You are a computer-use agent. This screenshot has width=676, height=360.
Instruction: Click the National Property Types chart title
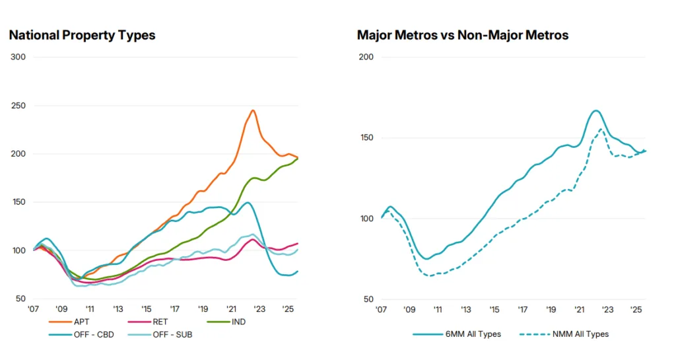click(82, 35)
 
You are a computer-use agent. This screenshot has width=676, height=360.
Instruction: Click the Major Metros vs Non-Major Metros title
click(462, 35)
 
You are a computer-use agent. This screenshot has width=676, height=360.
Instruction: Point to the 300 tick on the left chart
click(18, 57)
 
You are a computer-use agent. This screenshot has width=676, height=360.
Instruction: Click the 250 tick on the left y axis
click(18, 106)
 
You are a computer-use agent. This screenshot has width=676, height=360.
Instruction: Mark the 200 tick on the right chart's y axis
click(366, 57)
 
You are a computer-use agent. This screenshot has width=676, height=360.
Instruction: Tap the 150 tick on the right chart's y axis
click(366, 138)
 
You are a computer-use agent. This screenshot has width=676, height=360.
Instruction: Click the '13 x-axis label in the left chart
click(118, 309)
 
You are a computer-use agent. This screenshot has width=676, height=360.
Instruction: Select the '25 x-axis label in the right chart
click(636, 309)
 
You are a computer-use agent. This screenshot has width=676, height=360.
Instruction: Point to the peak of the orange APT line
click(253, 110)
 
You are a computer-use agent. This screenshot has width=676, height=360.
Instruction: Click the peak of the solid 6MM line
click(595, 110)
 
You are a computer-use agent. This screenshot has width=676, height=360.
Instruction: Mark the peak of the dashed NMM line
click(601, 129)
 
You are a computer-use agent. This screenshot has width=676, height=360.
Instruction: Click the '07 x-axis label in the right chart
click(381, 309)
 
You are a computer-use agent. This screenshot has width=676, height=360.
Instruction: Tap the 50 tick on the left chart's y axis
click(20, 299)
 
